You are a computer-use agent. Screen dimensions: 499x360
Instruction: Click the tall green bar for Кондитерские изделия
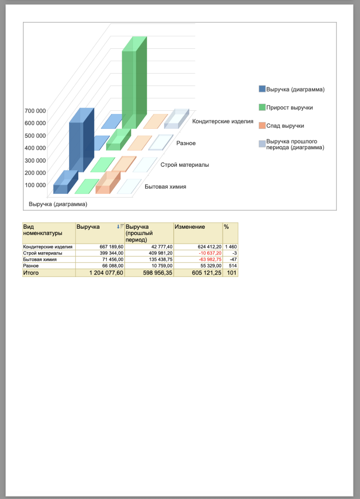coord(134,83)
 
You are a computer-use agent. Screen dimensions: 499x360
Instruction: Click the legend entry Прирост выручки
coord(289,108)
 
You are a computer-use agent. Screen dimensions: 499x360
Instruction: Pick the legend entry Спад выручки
coord(285,126)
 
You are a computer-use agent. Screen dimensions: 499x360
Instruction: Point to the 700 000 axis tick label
coord(35,111)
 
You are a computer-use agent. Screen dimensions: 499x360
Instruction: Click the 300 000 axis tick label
coord(35,160)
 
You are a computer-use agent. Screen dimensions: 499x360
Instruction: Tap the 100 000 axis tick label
coord(35,185)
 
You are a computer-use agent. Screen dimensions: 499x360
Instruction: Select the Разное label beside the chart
coord(186,143)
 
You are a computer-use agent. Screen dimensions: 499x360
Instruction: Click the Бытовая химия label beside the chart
coord(165,187)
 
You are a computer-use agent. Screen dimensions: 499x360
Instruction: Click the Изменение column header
coord(190,227)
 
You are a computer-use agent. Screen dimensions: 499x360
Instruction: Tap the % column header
coord(227,227)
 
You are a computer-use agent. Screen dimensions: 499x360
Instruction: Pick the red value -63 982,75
coord(210,259)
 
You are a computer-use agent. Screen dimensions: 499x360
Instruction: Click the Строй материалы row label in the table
coord(43,253)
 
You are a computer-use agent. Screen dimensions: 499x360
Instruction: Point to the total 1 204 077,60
coord(106,273)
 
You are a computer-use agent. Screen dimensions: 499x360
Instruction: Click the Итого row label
coord(31,273)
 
